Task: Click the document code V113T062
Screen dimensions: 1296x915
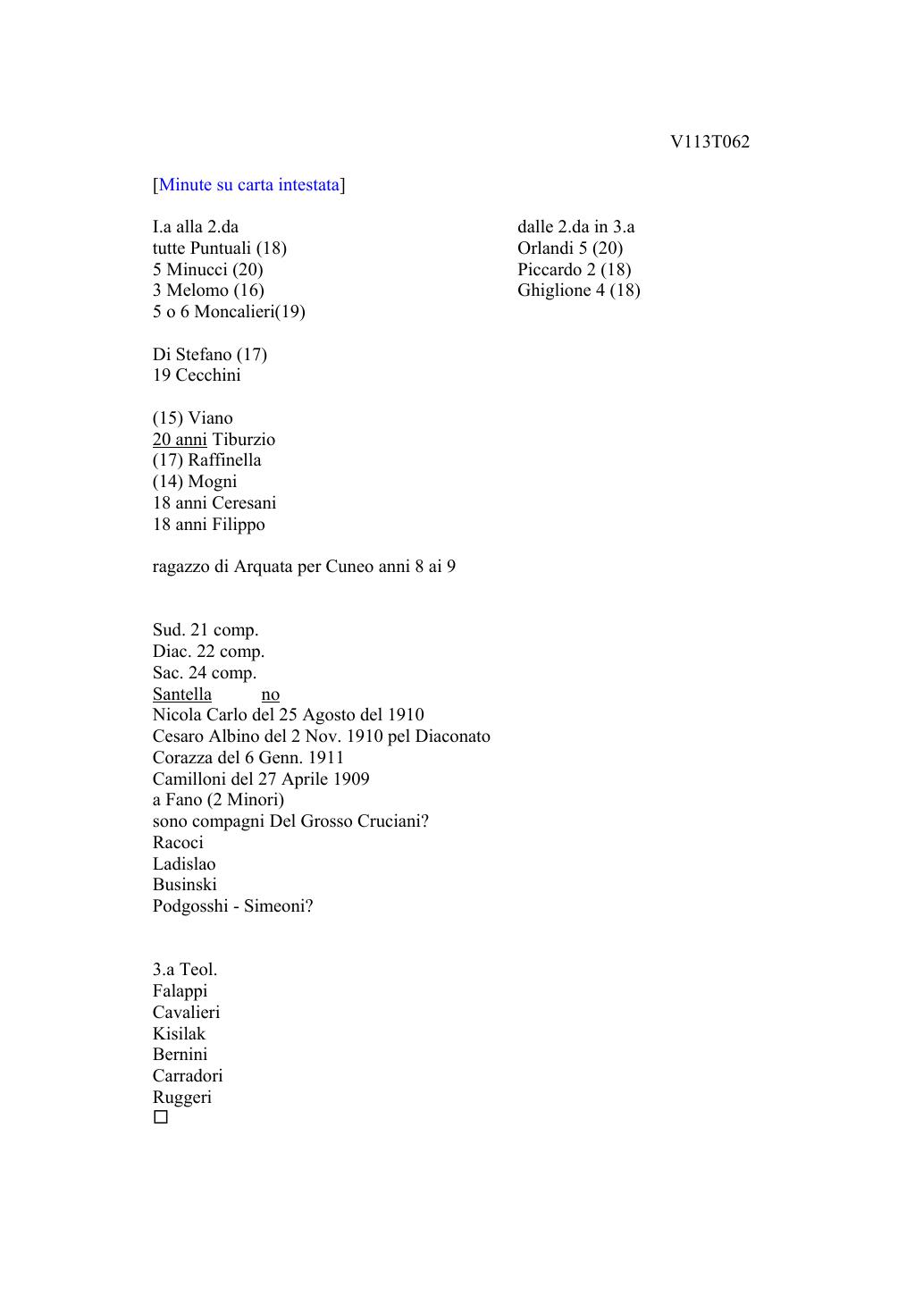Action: coord(709,142)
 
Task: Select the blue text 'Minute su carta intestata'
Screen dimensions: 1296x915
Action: coord(249,185)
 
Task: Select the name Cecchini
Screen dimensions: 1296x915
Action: coord(208,375)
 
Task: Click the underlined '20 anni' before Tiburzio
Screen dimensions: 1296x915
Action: coord(180,440)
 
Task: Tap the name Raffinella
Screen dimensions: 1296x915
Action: coord(224,460)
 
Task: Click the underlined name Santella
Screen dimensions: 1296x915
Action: coord(182,694)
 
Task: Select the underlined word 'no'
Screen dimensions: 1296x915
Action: coord(270,694)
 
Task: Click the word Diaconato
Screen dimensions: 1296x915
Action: coord(452,736)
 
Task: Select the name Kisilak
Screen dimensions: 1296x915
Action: coord(179,1034)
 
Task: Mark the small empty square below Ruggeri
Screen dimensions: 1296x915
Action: coord(161,1117)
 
